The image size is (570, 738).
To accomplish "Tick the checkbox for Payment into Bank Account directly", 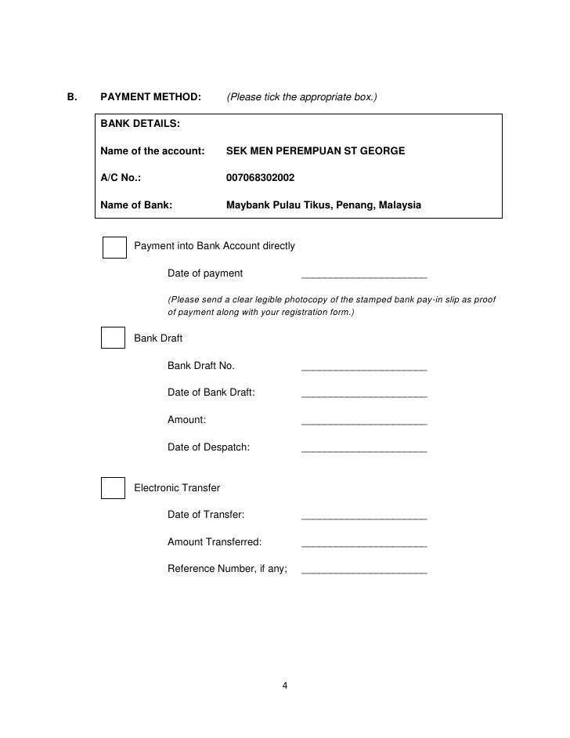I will coord(114,247).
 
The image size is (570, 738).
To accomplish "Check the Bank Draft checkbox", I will coord(114,338).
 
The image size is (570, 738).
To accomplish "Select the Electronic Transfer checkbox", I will coord(114,487).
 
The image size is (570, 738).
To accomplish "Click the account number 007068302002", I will coord(260,178).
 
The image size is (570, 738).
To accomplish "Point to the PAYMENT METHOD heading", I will coord(151,98).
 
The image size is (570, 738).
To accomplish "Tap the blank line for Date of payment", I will coord(364,275).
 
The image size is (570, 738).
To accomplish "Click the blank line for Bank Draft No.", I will coord(364,367).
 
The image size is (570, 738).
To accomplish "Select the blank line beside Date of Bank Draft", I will coord(364,394).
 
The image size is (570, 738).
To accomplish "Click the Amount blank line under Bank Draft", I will coord(364,421).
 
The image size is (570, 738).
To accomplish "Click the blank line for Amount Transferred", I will coord(364,544).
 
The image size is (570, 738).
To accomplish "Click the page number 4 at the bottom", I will coord(285,687).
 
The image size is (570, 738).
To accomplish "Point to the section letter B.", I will coord(72,98).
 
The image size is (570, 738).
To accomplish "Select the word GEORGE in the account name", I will coord(381,150).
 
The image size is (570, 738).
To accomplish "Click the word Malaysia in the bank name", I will coord(399,205).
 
